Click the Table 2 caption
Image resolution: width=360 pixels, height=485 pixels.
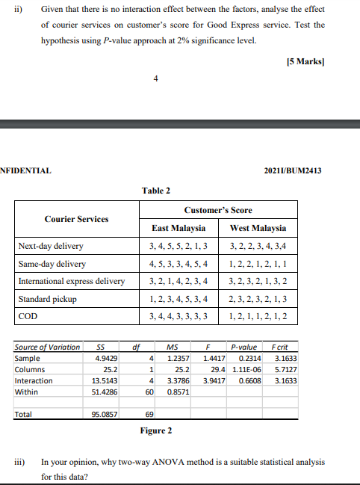[156, 191]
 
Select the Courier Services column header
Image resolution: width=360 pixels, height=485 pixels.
[76, 219]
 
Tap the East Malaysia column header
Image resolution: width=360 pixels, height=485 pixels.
[179, 228]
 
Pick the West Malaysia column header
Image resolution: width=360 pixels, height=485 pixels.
[258, 228]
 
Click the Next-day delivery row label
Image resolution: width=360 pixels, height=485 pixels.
[51, 246]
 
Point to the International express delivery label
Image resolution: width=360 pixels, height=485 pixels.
[72, 281]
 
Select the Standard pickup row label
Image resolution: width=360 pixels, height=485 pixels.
[48, 299]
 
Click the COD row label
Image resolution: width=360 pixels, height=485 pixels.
[28, 317]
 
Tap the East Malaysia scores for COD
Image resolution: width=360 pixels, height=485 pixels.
[179, 317]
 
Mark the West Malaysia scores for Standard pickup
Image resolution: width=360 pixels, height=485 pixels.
[258, 299]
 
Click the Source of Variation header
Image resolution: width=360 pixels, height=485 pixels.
[47, 347]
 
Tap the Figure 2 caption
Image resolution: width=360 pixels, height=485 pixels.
[156, 430]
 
